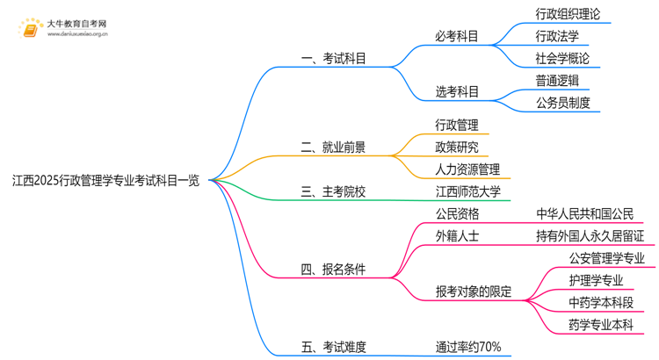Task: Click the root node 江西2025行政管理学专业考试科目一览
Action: click(105, 181)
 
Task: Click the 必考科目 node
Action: click(457, 36)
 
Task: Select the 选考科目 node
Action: click(457, 91)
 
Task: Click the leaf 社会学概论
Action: click(562, 58)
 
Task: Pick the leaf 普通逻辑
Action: click(557, 80)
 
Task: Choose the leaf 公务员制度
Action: click(562, 103)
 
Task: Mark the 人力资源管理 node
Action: click(467, 169)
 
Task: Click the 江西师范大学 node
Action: click(467, 191)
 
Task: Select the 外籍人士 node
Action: click(457, 235)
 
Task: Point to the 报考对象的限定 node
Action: click(474, 292)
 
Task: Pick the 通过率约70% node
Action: click(468, 347)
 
